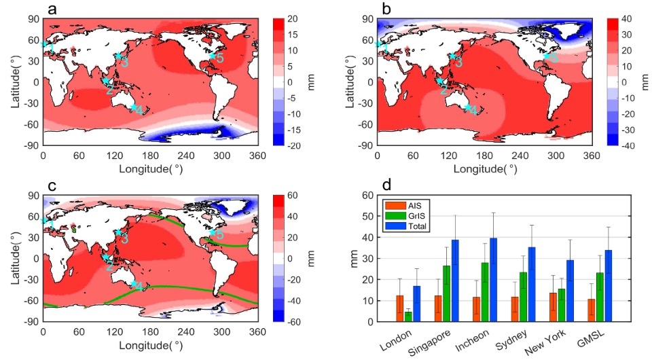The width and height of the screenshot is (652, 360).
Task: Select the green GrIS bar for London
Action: coord(407,317)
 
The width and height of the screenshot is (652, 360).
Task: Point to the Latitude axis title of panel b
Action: coord(349,82)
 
